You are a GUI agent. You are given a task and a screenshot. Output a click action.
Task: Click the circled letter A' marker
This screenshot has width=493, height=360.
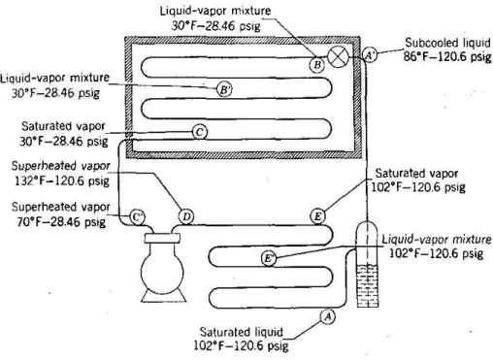[370, 55]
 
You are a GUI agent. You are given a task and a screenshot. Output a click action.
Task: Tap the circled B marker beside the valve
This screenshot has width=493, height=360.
[317, 65]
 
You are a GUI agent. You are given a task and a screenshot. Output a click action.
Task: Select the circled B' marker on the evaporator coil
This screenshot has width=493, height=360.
[224, 89]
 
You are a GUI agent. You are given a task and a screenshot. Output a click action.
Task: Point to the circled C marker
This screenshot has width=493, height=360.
[200, 132]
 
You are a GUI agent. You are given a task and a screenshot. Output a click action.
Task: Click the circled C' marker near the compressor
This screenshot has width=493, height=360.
[138, 216]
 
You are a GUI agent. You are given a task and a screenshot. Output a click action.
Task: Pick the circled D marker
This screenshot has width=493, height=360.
[186, 216]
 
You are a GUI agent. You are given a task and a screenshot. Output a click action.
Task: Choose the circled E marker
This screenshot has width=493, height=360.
[317, 216]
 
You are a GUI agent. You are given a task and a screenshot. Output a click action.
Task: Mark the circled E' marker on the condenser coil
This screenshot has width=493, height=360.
[269, 258]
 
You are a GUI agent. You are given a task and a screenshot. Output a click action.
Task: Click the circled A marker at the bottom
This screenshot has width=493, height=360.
[328, 316]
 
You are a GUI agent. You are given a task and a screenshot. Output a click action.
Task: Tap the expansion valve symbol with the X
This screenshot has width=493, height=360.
[338, 56]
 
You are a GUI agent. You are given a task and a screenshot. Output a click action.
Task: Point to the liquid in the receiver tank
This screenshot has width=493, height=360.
[368, 285]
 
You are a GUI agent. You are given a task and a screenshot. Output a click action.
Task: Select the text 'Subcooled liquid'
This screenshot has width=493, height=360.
[447, 43]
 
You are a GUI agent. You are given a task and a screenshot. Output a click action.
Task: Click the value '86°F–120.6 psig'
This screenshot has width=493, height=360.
[447, 56]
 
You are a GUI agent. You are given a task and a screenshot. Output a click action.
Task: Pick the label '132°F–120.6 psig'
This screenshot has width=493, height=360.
[62, 180]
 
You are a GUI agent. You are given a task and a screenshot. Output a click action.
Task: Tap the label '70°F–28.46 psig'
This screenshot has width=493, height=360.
[61, 222]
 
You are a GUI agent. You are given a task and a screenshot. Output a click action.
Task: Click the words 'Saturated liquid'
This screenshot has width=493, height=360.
[241, 332]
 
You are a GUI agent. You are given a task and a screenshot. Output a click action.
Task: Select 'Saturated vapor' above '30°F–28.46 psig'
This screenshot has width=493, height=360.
[63, 126]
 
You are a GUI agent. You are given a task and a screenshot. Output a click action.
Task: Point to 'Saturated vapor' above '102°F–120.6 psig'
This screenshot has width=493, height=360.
[416, 174]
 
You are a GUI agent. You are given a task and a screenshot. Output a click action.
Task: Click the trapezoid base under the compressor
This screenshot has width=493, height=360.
[164, 298]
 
